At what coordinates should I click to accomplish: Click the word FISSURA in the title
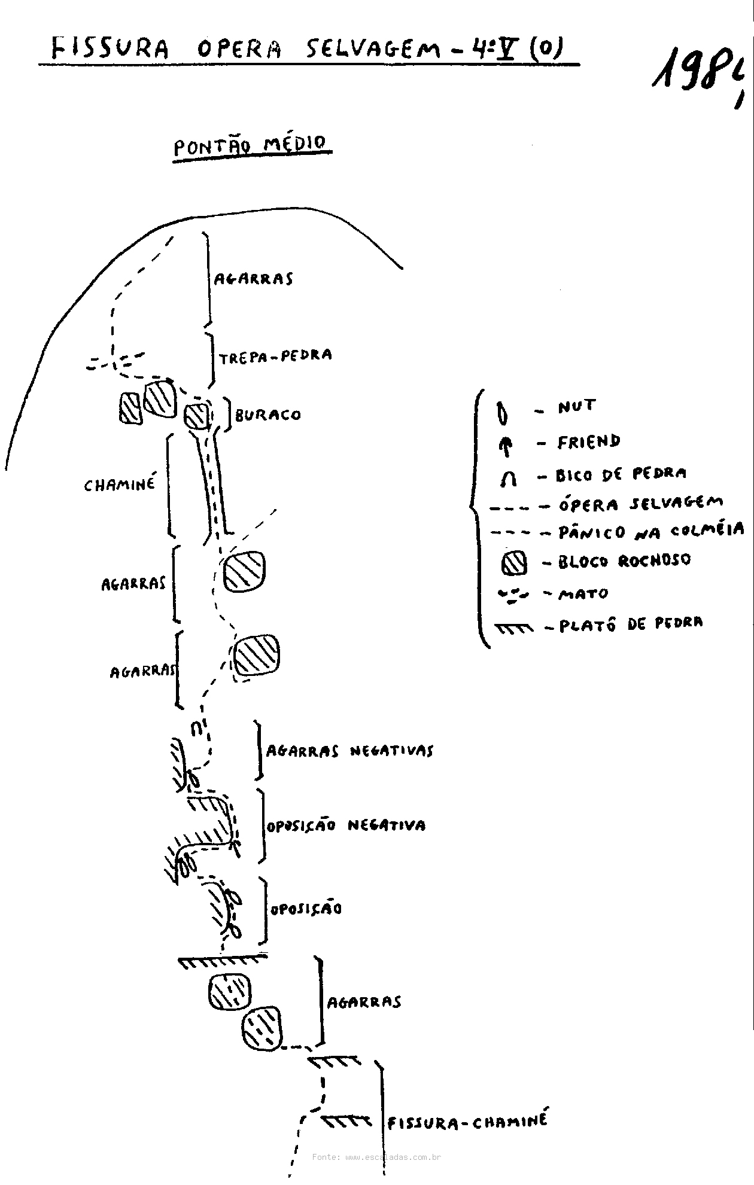[110, 48]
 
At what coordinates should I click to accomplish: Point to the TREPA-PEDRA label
[275, 357]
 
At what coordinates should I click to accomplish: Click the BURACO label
[268, 415]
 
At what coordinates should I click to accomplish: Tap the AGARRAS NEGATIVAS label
[349, 751]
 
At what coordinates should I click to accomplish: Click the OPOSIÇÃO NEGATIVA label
[346, 826]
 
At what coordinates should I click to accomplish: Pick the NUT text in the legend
[577, 407]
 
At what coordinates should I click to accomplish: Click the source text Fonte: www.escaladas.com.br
[376, 1157]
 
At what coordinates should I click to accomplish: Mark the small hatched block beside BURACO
[197, 415]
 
